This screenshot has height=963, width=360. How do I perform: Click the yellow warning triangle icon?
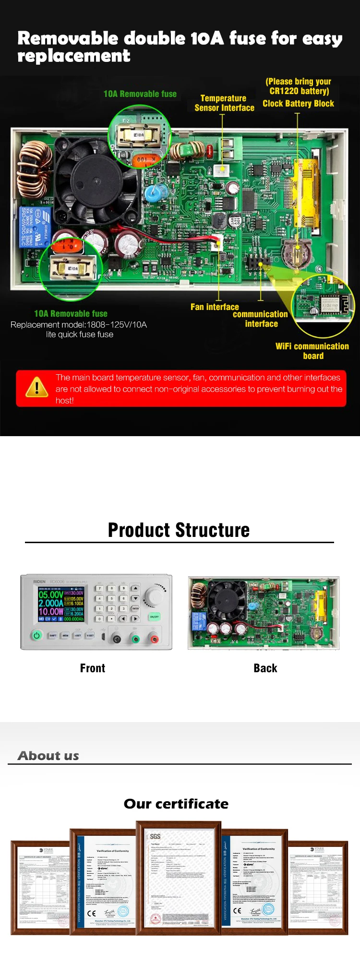pyautogui.click(x=37, y=387)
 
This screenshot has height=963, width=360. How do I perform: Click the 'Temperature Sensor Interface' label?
pyautogui.click(x=224, y=103)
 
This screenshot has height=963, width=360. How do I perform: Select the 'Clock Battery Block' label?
pyautogui.click(x=298, y=104)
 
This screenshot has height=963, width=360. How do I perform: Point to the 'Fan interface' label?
pyautogui.click(x=215, y=307)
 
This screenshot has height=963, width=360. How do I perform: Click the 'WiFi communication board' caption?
pyautogui.click(x=312, y=351)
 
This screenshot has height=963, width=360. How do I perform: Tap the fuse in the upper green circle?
pyautogui.click(x=139, y=135)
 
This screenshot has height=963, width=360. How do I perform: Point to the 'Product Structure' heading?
pyautogui.click(x=179, y=530)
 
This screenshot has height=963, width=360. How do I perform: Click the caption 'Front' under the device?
pyautogui.click(x=92, y=668)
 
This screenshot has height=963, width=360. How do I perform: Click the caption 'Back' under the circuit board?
pyautogui.click(x=265, y=668)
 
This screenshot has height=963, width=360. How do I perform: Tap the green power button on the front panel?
pyautogui.click(x=36, y=635)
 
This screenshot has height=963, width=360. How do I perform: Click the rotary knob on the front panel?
pyautogui.click(x=154, y=596)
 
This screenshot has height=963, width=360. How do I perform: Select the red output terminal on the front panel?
pyautogui.click(x=154, y=639)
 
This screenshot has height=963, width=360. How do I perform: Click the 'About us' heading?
pyautogui.click(x=48, y=756)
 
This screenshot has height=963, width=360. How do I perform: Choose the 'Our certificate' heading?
pyautogui.click(x=176, y=804)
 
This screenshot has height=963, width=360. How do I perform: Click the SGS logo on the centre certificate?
pyautogui.click(x=155, y=836)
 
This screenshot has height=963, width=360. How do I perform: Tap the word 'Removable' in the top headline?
pyautogui.click(x=68, y=38)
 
